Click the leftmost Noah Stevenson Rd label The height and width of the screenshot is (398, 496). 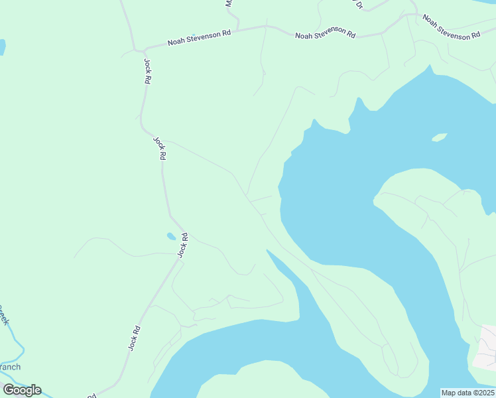coord(199,37)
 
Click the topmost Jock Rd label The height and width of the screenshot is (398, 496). coord(147,71)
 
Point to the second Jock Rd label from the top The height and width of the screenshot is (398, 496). coord(160,149)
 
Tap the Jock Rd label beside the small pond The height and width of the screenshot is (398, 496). coord(183,245)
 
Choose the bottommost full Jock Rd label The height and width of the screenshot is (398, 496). coord(135,338)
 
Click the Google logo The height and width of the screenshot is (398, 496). coord(23,390)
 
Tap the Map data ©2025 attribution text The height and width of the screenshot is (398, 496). coord(467,393)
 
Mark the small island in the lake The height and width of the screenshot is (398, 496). coord(438,137)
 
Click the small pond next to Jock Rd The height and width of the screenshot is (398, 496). coord(171,235)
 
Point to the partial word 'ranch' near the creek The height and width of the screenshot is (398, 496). coord(10,367)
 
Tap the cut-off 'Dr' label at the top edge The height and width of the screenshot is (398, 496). coord(359,5)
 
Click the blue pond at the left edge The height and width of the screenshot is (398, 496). coord(2,47)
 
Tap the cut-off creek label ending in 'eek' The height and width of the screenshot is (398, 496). coord(4,314)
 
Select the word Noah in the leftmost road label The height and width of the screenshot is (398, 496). coord(176,41)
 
